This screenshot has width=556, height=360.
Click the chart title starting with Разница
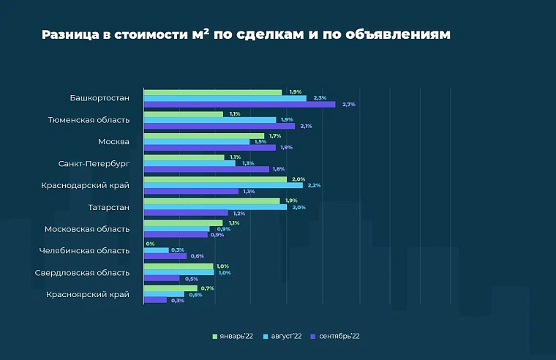245,34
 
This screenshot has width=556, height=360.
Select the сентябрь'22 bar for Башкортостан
239,105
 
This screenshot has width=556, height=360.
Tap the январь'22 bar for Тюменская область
183,114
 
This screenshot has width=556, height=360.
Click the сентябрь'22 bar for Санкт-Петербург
206,169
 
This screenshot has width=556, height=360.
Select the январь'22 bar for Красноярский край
170,288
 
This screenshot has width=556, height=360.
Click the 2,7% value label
349,105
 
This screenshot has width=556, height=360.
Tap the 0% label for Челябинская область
150,244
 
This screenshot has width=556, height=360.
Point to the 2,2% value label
315,185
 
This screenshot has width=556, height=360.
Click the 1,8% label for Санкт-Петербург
279,169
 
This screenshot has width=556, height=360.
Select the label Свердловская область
82,273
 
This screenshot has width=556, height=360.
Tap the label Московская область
87,229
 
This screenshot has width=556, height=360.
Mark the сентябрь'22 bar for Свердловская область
162,279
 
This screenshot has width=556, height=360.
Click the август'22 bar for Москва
196,141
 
